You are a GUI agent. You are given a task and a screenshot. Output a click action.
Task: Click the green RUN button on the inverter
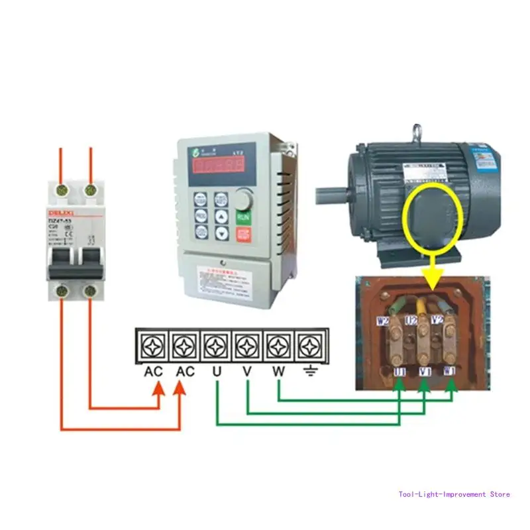(243, 217)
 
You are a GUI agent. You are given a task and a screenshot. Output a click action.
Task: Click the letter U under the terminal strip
(217, 372)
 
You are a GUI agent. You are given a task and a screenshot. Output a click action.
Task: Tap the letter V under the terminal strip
(247, 372)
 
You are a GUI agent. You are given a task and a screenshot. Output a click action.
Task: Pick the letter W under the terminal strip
(278, 372)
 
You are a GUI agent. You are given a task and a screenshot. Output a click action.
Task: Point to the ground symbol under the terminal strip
(309, 372)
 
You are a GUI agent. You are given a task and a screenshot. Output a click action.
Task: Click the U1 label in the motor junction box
(399, 372)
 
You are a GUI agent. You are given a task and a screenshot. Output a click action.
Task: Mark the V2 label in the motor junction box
(437, 319)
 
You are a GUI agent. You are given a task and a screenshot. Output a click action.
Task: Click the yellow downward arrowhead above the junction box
(434, 284)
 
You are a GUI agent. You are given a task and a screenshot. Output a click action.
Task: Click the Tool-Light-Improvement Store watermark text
(454, 494)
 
